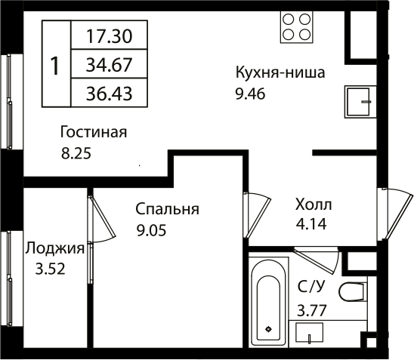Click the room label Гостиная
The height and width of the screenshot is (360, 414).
(94, 133)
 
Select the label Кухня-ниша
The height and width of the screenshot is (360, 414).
(280, 74)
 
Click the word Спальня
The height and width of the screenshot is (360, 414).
(167, 209)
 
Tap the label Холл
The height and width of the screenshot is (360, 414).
(313, 204)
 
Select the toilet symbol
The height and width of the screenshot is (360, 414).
(353, 291)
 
